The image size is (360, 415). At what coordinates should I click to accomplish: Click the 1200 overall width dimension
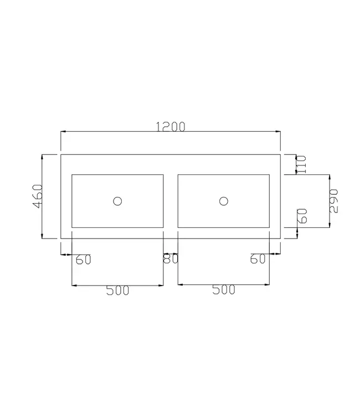pyautogui.click(x=171, y=126)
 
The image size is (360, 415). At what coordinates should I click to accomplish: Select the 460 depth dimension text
pyautogui.click(x=37, y=196)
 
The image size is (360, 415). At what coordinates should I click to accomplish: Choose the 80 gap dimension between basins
pyautogui.click(x=170, y=258)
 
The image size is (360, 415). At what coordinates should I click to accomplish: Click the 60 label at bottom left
pyautogui.click(x=83, y=259)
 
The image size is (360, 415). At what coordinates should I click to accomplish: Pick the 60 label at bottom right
pyautogui.click(x=258, y=258)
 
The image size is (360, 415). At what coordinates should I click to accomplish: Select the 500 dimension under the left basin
pyautogui.click(x=117, y=290)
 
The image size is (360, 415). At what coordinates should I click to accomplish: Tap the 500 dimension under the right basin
pyautogui.click(x=223, y=290)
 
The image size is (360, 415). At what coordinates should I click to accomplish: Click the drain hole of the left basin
pyautogui.click(x=117, y=201)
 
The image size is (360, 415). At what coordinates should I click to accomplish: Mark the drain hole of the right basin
pyautogui.click(x=224, y=201)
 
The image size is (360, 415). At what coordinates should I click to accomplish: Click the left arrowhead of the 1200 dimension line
pyautogui.click(x=63, y=132)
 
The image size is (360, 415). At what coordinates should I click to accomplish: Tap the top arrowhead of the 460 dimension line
pyautogui.click(x=43, y=157)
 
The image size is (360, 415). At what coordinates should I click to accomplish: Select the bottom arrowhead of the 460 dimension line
pyautogui.click(x=43, y=236)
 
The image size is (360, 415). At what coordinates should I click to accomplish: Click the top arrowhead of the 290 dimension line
pyautogui.click(x=330, y=177)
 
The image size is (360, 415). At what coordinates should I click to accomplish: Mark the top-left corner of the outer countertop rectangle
pyautogui.click(x=60, y=154)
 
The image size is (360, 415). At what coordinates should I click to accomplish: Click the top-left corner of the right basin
pyautogui.click(x=178, y=175)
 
